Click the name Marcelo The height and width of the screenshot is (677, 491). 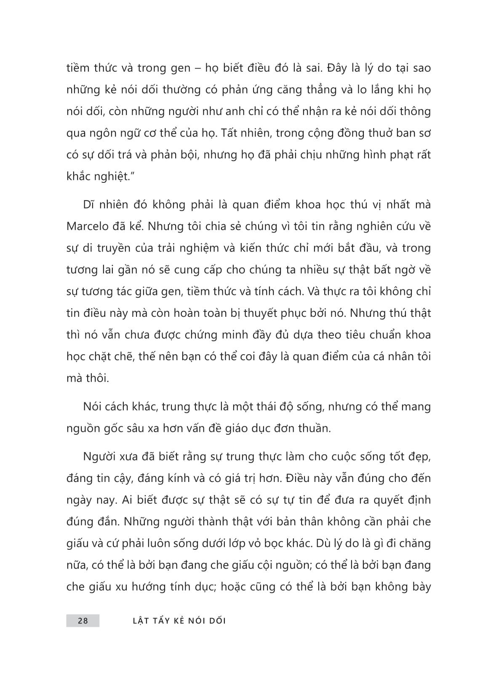coord(86,226)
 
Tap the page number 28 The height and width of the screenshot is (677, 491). coord(83,621)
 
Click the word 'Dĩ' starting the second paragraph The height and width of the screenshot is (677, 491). coord(88,204)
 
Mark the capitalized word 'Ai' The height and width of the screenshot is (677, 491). coord(126,500)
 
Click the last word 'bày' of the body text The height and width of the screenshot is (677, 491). coord(419,587)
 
